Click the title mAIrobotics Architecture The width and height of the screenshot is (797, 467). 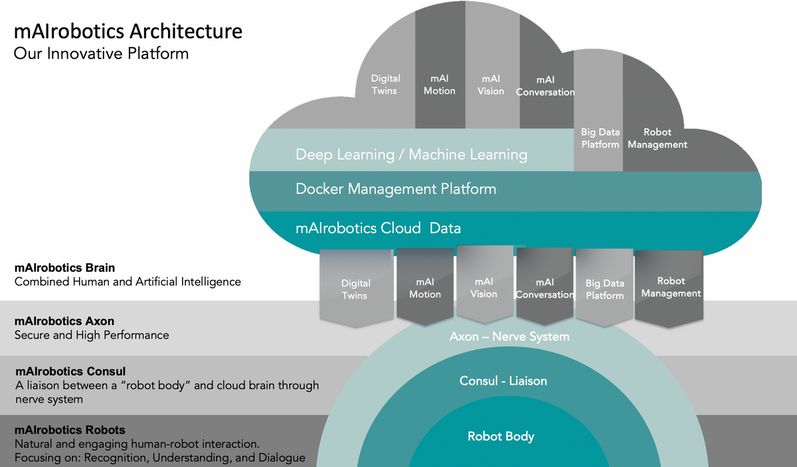(128, 31)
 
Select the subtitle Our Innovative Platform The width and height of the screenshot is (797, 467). (101, 53)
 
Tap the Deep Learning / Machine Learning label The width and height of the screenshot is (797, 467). (411, 155)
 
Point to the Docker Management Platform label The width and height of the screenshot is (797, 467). (395, 189)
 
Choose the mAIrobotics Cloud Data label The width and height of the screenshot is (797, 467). (378, 229)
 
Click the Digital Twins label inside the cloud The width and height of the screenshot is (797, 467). (385, 84)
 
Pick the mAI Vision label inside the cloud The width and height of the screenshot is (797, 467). (491, 84)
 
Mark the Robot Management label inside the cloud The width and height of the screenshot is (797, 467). (657, 138)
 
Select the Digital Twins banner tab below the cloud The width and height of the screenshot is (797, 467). (355, 289)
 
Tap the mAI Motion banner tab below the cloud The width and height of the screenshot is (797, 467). (425, 288)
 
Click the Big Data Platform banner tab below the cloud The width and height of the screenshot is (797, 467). (604, 289)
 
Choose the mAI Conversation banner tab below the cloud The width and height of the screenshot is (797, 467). (545, 288)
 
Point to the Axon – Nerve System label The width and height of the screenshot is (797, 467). (509, 337)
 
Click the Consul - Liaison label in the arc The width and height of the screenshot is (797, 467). (503, 381)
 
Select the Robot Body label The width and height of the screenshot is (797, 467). (501, 436)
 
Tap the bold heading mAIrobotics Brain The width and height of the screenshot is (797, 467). (64, 268)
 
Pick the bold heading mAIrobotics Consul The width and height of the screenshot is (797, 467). (70, 371)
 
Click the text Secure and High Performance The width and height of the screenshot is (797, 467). (92, 335)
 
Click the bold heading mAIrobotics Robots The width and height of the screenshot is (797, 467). (70, 430)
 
